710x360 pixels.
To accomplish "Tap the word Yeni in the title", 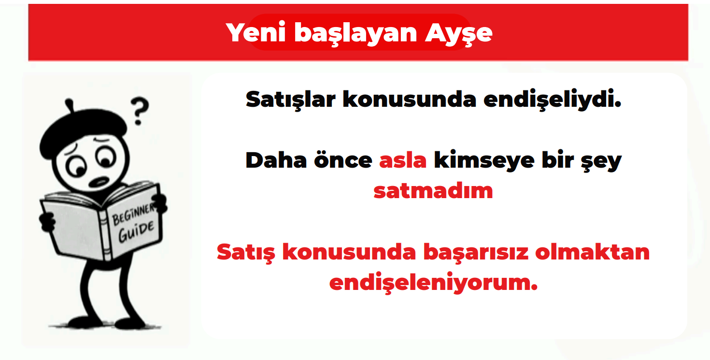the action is pyautogui.click(x=256, y=32).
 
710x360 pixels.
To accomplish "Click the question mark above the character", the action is pyautogui.click(x=140, y=111).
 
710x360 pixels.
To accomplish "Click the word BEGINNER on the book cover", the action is pyautogui.click(x=133, y=214).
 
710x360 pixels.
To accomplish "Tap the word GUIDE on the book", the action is pyautogui.click(x=136, y=231).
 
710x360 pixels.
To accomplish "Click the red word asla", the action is pyautogui.click(x=403, y=160).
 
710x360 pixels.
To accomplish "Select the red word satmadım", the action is pyautogui.click(x=433, y=191).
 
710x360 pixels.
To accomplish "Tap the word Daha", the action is pyautogui.click(x=276, y=160).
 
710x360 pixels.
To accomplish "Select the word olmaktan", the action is pyautogui.click(x=593, y=252).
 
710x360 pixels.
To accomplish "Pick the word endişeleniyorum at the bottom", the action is pyautogui.click(x=433, y=283).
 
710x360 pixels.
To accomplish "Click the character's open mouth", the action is pyautogui.click(x=99, y=182).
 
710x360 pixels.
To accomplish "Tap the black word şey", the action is pyautogui.click(x=601, y=162).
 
